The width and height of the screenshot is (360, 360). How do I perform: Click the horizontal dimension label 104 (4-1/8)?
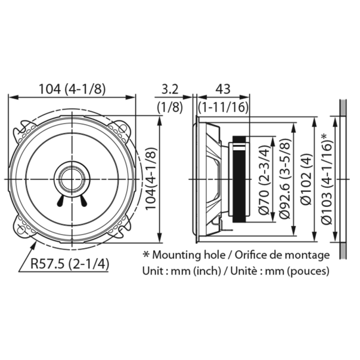(72, 89)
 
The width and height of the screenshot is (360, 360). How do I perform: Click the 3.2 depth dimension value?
(170, 89)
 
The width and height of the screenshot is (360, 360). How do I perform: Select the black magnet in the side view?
(238, 179)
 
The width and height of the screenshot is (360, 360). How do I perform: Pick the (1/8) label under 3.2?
(170, 107)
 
